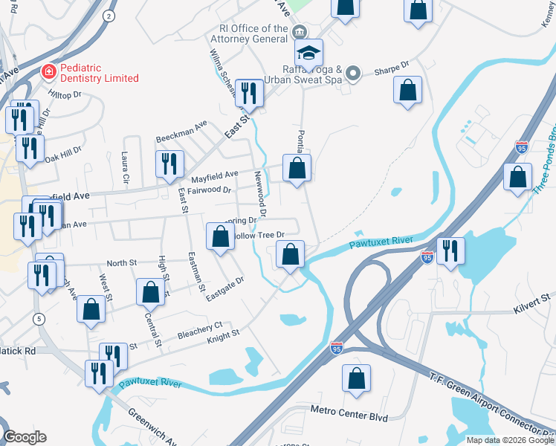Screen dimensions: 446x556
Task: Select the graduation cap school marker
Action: (x=308, y=53)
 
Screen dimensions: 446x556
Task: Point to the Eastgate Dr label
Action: (x=224, y=289)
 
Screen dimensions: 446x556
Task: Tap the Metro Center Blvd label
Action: (x=349, y=414)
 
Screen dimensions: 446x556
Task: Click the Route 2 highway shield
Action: (x=109, y=15)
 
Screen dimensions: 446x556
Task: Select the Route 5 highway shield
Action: (x=38, y=318)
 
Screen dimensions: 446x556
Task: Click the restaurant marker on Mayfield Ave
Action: (x=169, y=165)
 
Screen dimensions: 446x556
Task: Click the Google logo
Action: (x=25, y=437)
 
